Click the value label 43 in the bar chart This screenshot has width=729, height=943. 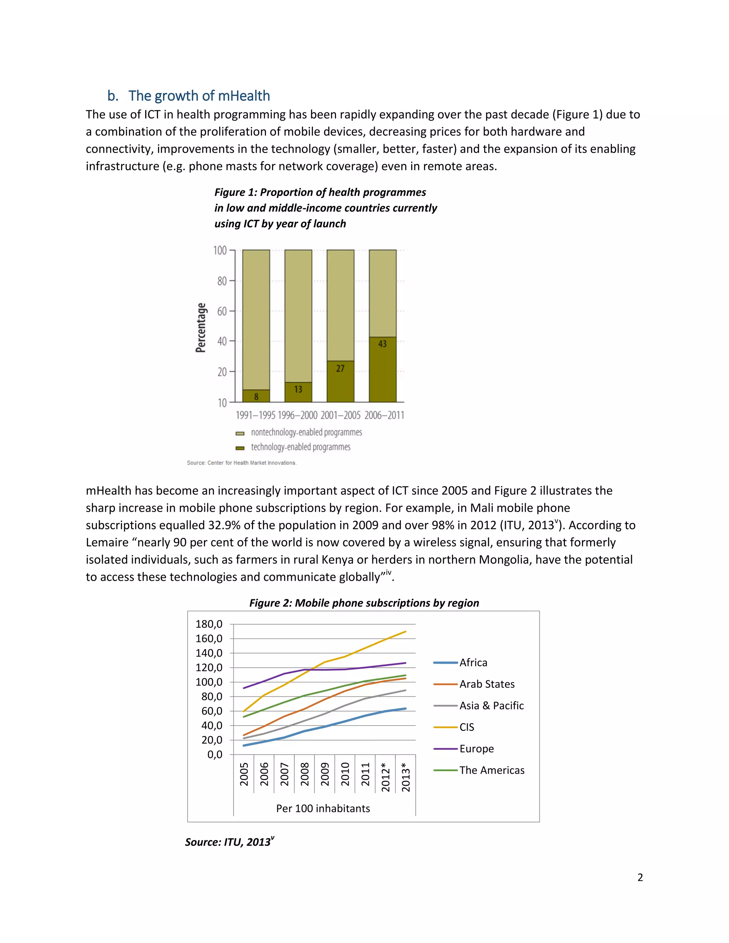click(382, 344)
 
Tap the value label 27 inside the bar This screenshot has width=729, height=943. click(340, 369)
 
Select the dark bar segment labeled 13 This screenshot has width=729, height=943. click(298, 391)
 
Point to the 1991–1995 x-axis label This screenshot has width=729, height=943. click(255, 415)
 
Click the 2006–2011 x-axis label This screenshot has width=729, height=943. click(384, 415)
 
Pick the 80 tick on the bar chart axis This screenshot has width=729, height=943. click(222, 281)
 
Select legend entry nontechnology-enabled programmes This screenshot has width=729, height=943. click(306, 432)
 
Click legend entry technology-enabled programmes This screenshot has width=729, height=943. click(300, 447)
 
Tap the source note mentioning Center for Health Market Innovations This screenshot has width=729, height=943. click(241, 463)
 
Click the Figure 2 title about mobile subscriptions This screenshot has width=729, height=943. click(364, 603)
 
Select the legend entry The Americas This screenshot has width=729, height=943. click(492, 770)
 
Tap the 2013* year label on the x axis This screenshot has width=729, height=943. click(406, 777)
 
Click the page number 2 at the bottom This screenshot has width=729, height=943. click(640, 878)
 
